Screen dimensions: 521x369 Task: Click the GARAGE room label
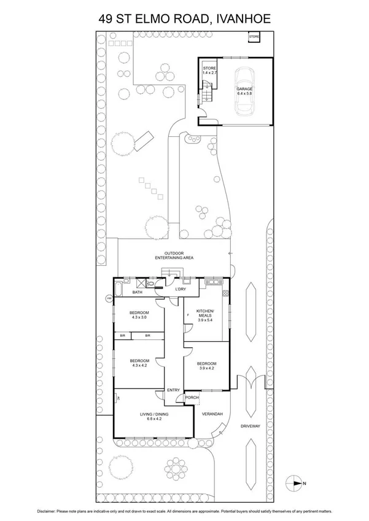click(x=244, y=89)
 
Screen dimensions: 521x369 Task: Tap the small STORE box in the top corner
click(x=254, y=38)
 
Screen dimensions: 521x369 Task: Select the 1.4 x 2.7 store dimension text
click(x=210, y=73)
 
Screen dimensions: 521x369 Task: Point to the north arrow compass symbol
click(x=295, y=484)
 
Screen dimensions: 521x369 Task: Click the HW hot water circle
click(x=109, y=299)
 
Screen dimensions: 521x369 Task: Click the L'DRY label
click(x=181, y=289)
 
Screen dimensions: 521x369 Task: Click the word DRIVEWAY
click(x=251, y=425)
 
